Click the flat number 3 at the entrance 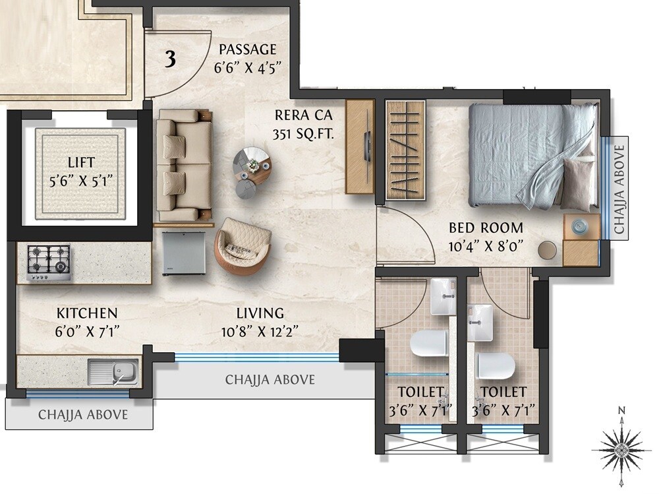[170, 59]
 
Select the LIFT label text [81, 162]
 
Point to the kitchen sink [113, 372]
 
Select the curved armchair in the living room [242, 245]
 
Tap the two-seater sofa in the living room [184, 165]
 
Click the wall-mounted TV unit [360, 146]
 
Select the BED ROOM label [486, 228]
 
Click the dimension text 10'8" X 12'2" [261, 331]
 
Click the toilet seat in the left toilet [428, 343]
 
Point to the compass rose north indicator [621, 447]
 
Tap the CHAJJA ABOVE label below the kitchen [82, 416]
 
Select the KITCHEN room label [86, 313]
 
